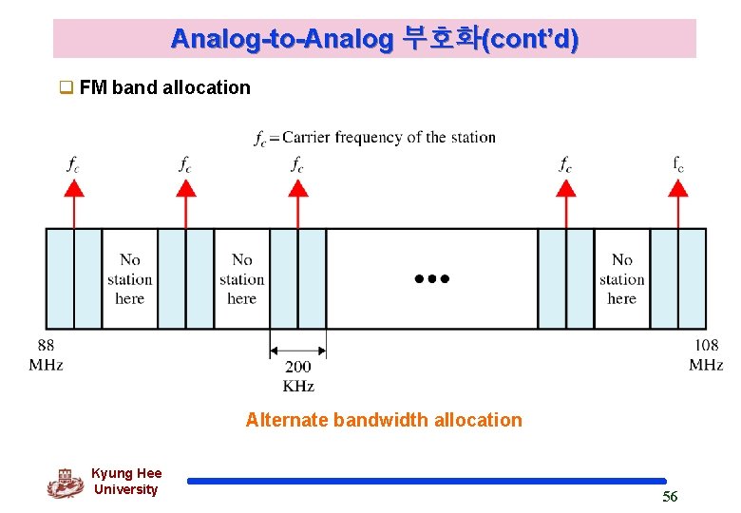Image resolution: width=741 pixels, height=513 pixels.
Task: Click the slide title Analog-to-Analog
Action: coord(374,39)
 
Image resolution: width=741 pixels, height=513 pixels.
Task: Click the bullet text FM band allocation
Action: coord(165,88)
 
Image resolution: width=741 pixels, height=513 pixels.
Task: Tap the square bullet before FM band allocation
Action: coord(66,88)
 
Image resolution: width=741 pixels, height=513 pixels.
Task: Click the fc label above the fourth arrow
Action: coord(565,163)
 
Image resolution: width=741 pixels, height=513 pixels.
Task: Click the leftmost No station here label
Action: coord(130,278)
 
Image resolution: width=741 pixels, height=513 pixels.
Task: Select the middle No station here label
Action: coord(242,278)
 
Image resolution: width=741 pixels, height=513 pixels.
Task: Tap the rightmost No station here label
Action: coord(622,278)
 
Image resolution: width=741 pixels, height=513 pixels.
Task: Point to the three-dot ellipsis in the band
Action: coord(432,279)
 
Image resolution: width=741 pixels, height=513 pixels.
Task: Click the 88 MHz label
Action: coord(46,354)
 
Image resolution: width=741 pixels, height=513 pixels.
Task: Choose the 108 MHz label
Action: coord(706,354)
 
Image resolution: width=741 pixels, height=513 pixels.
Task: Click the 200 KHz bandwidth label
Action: coord(297,375)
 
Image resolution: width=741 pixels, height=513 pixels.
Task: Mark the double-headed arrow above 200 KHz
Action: coord(298,346)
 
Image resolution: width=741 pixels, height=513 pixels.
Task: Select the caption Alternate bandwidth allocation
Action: coord(384,420)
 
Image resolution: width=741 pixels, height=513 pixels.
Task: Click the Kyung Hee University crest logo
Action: coord(65,482)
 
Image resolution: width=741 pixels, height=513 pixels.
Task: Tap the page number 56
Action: coord(670,496)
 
